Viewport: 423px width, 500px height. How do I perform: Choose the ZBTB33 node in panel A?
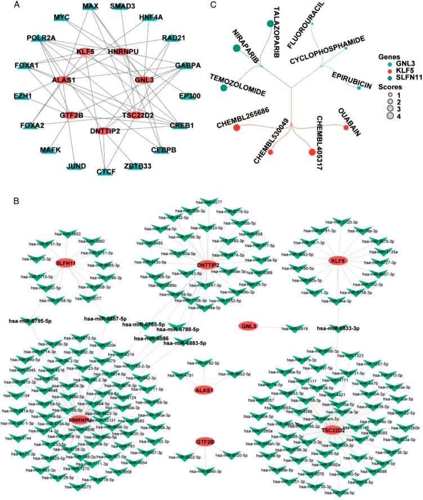point(138,150)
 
